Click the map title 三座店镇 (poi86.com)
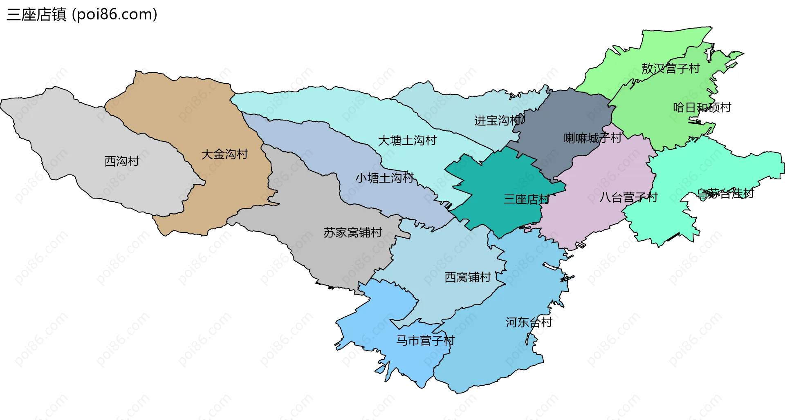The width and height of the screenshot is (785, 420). point(82,15)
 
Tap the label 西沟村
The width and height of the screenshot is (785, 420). point(122,161)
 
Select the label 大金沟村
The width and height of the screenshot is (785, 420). point(224,154)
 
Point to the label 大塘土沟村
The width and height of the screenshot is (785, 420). point(407,141)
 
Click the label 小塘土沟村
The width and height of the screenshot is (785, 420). point(384,178)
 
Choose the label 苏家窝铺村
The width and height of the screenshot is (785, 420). point(352,233)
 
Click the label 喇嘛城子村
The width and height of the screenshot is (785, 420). point(592,138)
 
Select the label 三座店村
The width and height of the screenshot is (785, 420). point(527,199)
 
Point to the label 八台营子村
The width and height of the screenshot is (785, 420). point(628,198)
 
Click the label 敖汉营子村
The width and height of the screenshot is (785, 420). point(671,69)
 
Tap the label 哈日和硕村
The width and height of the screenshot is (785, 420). point(702,107)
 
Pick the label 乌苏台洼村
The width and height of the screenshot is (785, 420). point(725,193)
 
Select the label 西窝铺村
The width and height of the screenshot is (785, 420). point(467,277)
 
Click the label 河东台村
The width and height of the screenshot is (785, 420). point(529,322)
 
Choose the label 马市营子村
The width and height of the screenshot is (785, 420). point(425,340)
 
